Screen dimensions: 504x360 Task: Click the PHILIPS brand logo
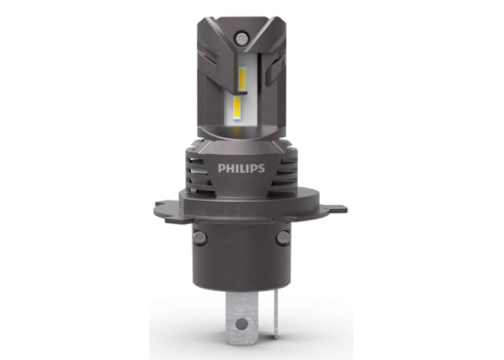click(x=241, y=168)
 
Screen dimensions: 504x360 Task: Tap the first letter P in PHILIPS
click(x=221, y=168)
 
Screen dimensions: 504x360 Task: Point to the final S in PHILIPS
click(x=261, y=168)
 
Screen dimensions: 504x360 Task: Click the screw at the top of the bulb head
click(x=241, y=39)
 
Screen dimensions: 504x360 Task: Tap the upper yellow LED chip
click(x=242, y=79)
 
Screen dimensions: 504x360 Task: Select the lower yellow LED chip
click(x=237, y=108)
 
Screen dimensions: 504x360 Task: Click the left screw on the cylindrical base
click(x=199, y=237)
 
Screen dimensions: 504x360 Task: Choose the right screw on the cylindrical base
click(x=283, y=238)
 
